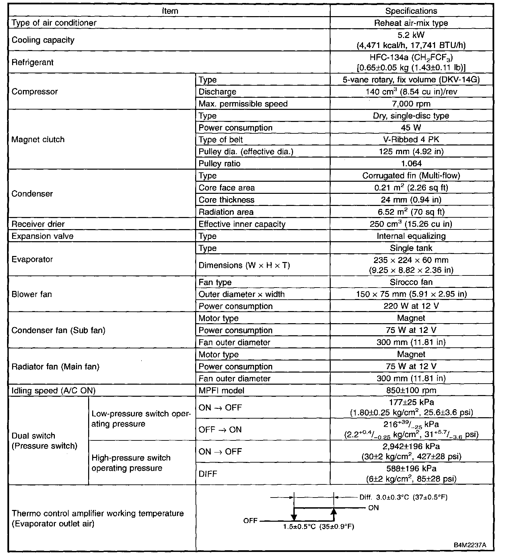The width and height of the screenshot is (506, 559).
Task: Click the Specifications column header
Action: click(x=411, y=11)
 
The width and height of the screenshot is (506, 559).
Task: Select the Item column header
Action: click(x=170, y=11)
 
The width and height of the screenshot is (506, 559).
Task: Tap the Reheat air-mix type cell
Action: click(x=411, y=23)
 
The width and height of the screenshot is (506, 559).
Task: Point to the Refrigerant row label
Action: click(x=33, y=62)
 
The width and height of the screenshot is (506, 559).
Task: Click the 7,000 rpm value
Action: click(x=411, y=104)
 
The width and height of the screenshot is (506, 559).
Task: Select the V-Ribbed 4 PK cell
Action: click(x=411, y=140)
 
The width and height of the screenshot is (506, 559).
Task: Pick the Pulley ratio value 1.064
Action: click(x=411, y=164)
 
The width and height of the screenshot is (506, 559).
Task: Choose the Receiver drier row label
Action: click(x=38, y=224)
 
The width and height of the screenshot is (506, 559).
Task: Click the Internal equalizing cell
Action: click(x=411, y=236)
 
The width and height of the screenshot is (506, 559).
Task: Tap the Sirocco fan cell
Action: click(x=411, y=282)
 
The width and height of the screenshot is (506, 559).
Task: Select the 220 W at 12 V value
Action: click(x=411, y=306)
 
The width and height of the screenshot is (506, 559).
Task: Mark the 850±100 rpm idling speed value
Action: click(x=411, y=390)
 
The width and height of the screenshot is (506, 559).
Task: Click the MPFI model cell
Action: click(x=221, y=390)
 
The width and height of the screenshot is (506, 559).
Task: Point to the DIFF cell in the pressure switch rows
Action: click(x=208, y=474)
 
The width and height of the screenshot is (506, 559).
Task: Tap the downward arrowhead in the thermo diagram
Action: click(x=294, y=517)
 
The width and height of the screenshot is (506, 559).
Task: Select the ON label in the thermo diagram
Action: click(x=373, y=508)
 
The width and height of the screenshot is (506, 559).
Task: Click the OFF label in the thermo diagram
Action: click(x=250, y=521)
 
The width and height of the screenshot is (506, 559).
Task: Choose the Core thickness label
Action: click(x=226, y=200)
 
